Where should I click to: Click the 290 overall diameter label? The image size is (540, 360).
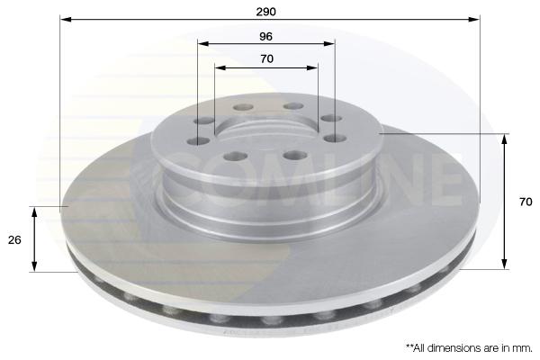(x=265, y=12)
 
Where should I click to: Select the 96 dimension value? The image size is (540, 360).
(x=265, y=36)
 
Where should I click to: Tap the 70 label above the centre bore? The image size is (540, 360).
(x=267, y=58)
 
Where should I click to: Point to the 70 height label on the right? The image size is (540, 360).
(x=526, y=202)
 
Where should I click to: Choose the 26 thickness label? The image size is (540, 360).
(x=14, y=239)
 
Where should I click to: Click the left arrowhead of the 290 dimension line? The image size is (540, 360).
(x=66, y=19)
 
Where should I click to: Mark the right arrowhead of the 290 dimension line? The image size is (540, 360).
(x=474, y=19)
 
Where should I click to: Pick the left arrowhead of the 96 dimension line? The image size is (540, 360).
(x=203, y=44)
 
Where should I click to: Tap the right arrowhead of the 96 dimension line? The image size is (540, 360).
(x=328, y=44)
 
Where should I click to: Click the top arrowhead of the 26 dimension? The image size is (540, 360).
(x=34, y=212)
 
